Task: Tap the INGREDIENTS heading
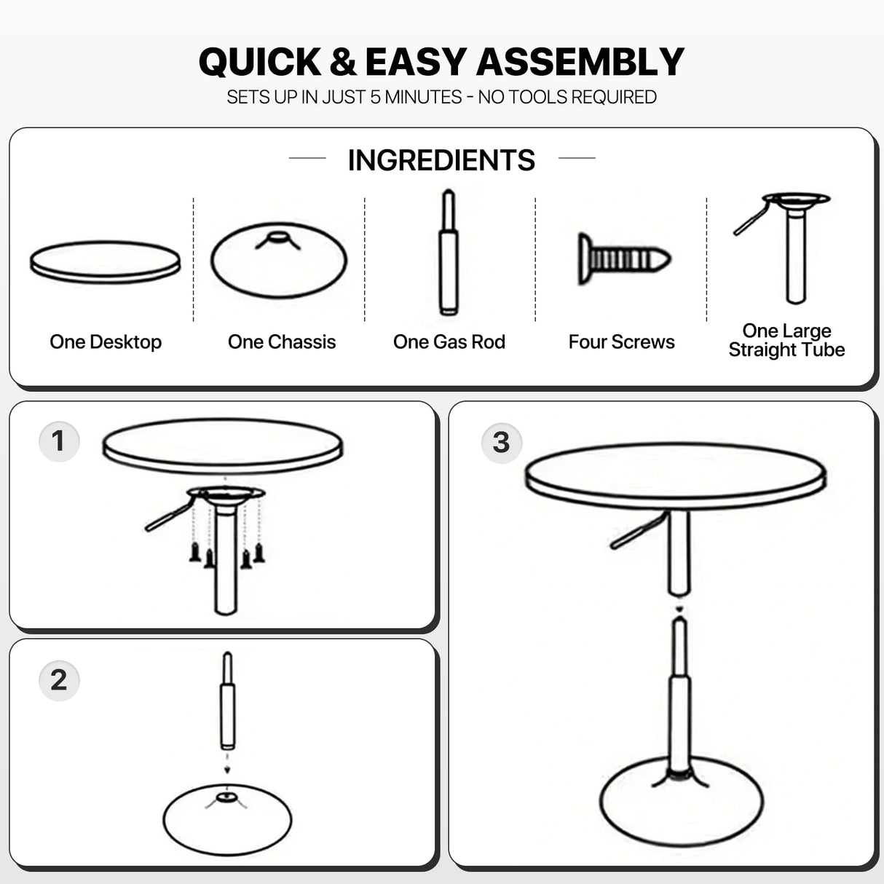(x=441, y=160)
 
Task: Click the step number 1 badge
(x=59, y=441)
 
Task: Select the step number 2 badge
(x=59, y=680)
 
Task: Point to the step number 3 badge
(x=502, y=443)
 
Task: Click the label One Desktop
(x=106, y=342)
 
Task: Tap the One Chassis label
(x=282, y=342)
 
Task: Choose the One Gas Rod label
(x=449, y=342)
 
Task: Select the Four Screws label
(x=622, y=342)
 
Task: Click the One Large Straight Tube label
(x=786, y=340)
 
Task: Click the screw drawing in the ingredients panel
(x=624, y=259)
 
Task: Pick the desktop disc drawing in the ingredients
(x=106, y=263)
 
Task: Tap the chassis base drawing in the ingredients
(x=279, y=260)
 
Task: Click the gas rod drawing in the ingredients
(x=449, y=252)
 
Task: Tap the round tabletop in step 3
(x=676, y=475)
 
